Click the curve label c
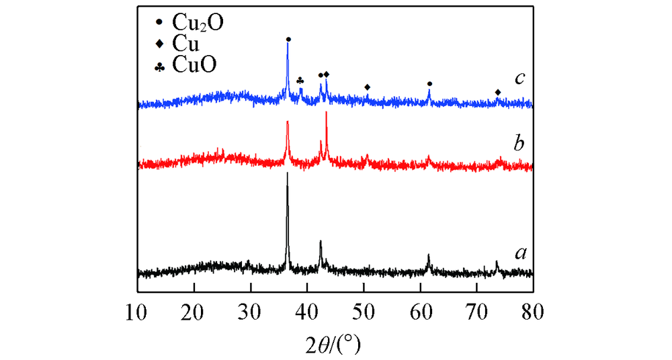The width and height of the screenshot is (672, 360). pos(519,78)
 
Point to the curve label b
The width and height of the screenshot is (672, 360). pos(519,143)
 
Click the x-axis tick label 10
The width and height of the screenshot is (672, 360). pos(137,312)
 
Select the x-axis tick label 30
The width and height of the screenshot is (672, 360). pos(251,312)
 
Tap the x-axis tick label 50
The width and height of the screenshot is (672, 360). pos(364,312)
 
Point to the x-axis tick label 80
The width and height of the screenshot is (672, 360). pos(533,312)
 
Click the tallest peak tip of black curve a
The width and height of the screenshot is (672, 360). pos(288,173)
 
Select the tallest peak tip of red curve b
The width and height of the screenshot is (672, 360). pos(326,111)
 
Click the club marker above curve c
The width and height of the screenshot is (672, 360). pos(300,81)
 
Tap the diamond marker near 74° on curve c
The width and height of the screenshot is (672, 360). pos(498,93)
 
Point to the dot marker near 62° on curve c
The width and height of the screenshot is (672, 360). pos(429,84)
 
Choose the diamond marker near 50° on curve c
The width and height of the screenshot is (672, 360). pos(367,87)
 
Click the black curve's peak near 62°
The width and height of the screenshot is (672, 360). pos(429,255)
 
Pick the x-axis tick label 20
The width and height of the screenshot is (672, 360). pos(194,312)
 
